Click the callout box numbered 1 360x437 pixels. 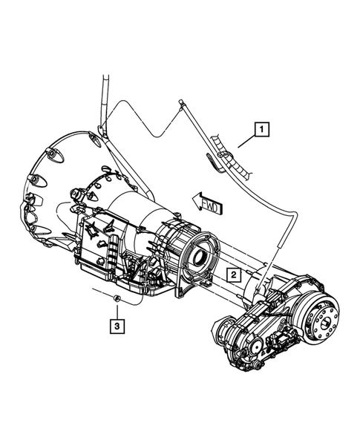pyautogui.click(x=261, y=129)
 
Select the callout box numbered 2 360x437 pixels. pyautogui.click(x=233, y=275)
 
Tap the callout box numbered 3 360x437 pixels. pyautogui.click(x=117, y=326)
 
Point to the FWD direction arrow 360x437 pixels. pyautogui.click(x=207, y=205)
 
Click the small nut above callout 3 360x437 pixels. pyautogui.click(x=117, y=298)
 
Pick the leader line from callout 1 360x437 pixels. pyautogui.click(x=246, y=142)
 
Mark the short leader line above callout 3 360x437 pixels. pyautogui.click(x=117, y=312)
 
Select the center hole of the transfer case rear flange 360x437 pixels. pyautogui.click(x=327, y=324)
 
